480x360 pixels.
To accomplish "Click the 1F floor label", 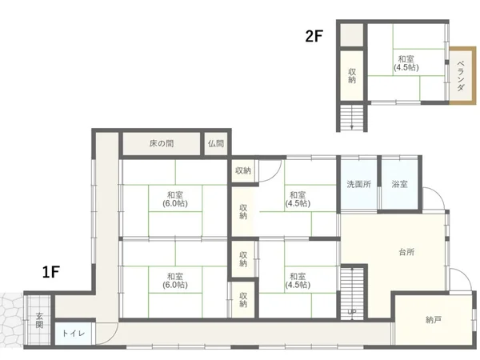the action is tap(51, 272).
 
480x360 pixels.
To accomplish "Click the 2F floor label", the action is tap(314, 36).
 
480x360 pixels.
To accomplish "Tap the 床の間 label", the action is tap(162, 143).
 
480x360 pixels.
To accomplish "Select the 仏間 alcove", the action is tap(216, 143).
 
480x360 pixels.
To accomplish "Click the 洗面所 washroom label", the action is tap(358, 184).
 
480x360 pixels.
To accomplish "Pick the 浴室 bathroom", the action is tap(399, 185).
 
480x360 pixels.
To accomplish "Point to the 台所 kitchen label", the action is tap(407, 252).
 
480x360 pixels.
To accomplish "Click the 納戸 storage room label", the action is tap(434, 320).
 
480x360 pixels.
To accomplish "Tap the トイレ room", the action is tap(73, 334).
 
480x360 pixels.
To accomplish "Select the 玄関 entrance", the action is tap(39, 320).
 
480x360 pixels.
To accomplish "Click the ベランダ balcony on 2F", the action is tap(462, 76).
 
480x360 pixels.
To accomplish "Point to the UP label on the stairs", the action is tap(352, 312).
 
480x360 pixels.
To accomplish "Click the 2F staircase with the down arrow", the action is tap(352, 117).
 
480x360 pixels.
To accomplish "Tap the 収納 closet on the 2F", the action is tap(352, 76).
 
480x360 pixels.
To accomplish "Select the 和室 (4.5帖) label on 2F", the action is tap(406, 63).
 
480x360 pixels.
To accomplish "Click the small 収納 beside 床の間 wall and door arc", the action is tap(243, 171).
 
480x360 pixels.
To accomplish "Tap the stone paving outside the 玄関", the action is tap(12, 320).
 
